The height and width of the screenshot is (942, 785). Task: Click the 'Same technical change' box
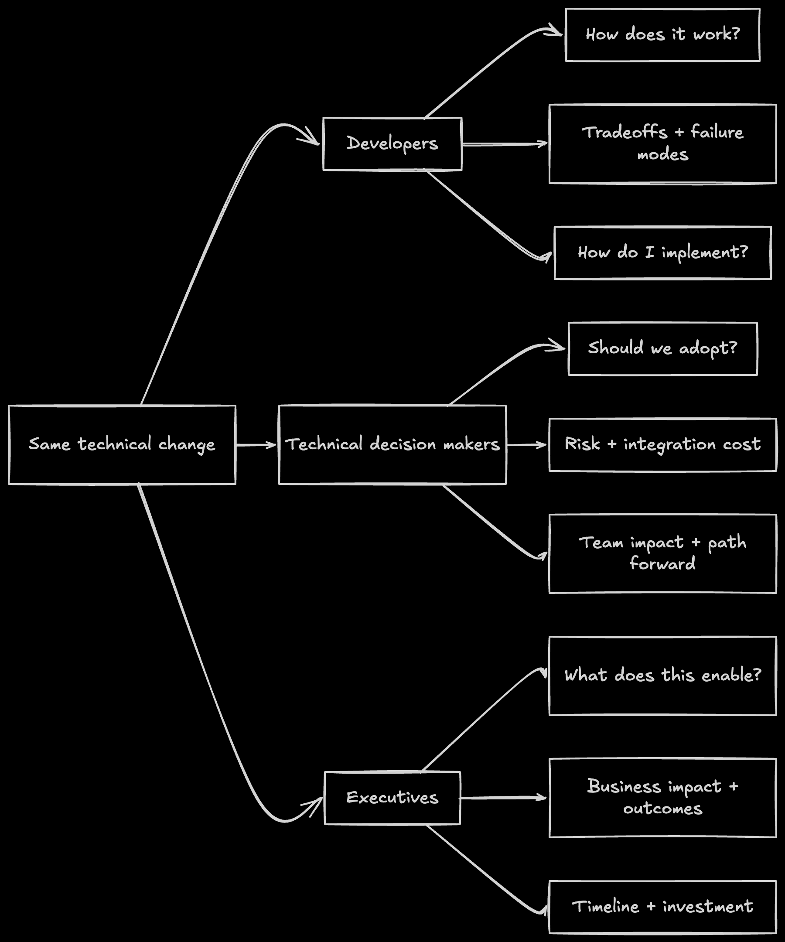click(x=122, y=444)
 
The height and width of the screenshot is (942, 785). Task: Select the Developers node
click(x=392, y=144)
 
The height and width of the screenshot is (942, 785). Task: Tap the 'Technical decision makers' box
click(x=392, y=444)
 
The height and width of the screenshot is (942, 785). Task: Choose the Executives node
click(x=392, y=798)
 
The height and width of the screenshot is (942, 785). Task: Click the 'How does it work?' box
click(x=662, y=34)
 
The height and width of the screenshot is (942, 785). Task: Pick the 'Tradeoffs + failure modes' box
click(x=662, y=144)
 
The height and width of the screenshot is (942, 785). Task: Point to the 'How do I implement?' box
click(x=662, y=253)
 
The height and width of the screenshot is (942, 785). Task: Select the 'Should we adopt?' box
click(x=662, y=348)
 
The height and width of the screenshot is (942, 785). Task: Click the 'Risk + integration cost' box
click(x=662, y=444)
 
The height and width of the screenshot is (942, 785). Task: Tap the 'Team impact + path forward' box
click(x=662, y=553)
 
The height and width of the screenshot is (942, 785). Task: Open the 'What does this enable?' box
click(x=662, y=676)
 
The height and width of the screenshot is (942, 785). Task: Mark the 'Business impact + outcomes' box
click(x=662, y=798)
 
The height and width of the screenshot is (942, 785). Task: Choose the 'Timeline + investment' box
click(x=662, y=907)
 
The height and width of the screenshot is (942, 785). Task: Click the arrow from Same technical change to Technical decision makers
click(x=256, y=445)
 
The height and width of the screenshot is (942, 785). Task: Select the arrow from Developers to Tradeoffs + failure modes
click(x=505, y=144)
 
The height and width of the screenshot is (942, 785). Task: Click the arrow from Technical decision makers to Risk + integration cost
click(x=527, y=445)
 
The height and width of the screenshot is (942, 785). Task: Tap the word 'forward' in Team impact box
click(x=662, y=564)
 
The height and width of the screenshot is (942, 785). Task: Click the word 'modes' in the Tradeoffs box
click(x=662, y=155)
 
